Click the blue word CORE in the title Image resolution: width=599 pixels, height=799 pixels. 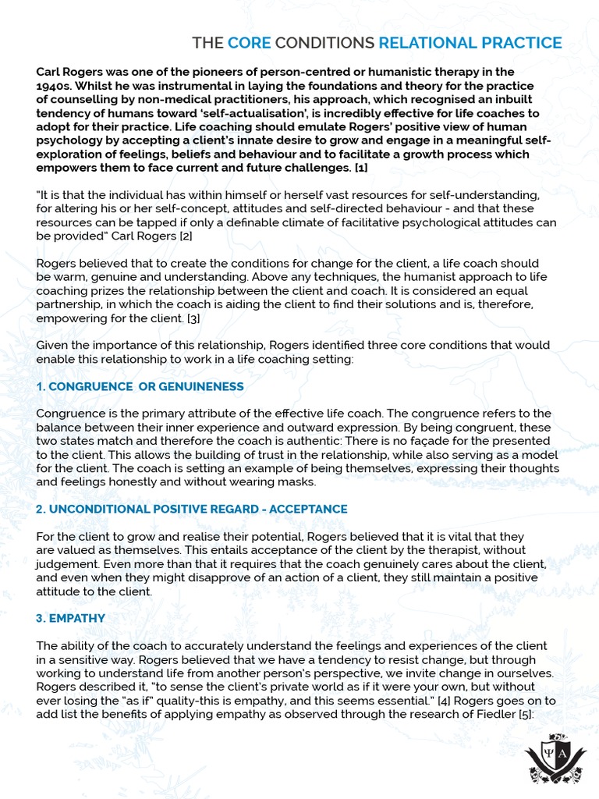249,42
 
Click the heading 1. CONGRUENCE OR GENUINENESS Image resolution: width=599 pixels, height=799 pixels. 140,387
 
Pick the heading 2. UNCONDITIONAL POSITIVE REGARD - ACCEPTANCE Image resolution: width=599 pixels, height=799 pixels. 191,510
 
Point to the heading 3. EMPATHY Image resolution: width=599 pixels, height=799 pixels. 71,618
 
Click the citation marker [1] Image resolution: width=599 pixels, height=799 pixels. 361,168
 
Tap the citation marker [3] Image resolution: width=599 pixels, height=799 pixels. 193,318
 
